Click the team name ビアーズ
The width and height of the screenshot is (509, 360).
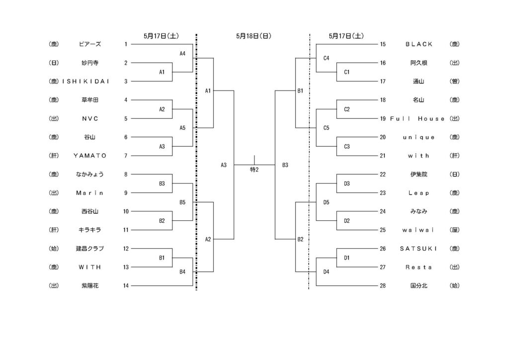click(x=90, y=44)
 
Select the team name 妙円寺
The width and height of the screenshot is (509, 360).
click(x=90, y=63)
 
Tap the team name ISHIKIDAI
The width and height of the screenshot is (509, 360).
click(x=85, y=82)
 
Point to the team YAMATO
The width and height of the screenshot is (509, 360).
click(x=90, y=156)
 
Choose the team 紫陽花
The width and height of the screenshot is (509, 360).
click(x=90, y=286)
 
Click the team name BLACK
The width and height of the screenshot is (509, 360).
click(x=419, y=44)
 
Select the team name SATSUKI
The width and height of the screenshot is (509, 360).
click(x=419, y=248)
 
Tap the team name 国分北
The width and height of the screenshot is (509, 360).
click(x=419, y=286)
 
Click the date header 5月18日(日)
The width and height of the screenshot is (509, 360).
click(x=254, y=36)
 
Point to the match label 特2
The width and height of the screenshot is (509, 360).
click(x=254, y=170)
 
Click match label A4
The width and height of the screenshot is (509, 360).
click(x=182, y=54)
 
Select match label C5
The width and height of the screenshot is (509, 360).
click(x=326, y=128)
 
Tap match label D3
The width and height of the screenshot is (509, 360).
click(x=346, y=183)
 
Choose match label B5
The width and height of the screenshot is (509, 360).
click(x=182, y=202)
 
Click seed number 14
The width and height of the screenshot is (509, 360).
click(x=126, y=286)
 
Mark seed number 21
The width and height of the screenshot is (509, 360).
click(x=383, y=156)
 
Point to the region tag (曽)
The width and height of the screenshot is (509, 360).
click(x=454, y=82)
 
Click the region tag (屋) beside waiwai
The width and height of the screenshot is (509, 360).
click(x=454, y=230)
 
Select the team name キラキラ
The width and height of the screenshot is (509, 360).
click(x=90, y=230)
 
